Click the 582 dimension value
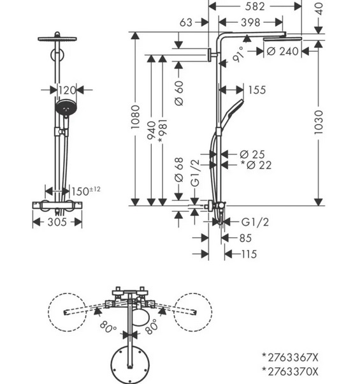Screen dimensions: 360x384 [x=255, y=6]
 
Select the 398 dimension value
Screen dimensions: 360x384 [x=250, y=22]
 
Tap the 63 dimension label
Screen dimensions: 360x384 [x=186, y=22]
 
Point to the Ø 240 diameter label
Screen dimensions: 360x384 [x=282, y=52]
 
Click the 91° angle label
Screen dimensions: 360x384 [x=238, y=54]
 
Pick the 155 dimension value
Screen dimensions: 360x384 [x=257, y=90]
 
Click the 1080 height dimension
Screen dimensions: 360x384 [x=135, y=117]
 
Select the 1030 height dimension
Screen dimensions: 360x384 [x=319, y=122]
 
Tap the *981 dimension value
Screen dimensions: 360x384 [x=162, y=131]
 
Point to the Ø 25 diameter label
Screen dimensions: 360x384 [x=252, y=154]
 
